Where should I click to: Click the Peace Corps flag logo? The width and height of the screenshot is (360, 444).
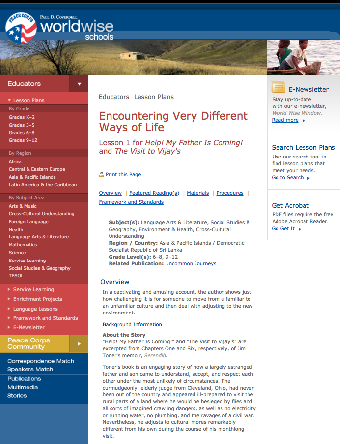[x=21, y=28]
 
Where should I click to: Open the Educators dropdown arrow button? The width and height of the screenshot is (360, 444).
[x=79, y=84]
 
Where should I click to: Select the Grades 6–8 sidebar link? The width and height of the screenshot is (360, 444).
[x=22, y=133]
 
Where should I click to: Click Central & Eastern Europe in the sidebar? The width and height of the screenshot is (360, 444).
[x=37, y=169]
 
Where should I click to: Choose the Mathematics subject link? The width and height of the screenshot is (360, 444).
[x=23, y=245]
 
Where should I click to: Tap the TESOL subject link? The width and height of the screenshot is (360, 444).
[x=16, y=276]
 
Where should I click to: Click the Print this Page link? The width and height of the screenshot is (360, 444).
[x=123, y=175]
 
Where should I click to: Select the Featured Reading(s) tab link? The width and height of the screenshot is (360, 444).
[x=154, y=193]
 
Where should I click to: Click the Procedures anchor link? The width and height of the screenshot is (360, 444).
[x=230, y=193]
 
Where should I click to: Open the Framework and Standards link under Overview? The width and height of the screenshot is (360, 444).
[x=131, y=202]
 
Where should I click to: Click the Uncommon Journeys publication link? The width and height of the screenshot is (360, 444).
[x=191, y=264]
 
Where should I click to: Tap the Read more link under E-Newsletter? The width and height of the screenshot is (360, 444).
[x=285, y=120]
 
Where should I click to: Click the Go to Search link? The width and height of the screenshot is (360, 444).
[x=288, y=178]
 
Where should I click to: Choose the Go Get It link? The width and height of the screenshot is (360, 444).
[x=283, y=229]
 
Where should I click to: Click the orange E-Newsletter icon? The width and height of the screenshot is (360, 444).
[x=278, y=88]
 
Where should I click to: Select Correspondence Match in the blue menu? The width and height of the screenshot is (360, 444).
[x=41, y=361]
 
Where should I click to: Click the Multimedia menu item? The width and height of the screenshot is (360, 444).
[x=23, y=387]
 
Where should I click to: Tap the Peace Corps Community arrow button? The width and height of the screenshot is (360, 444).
[x=79, y=343]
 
